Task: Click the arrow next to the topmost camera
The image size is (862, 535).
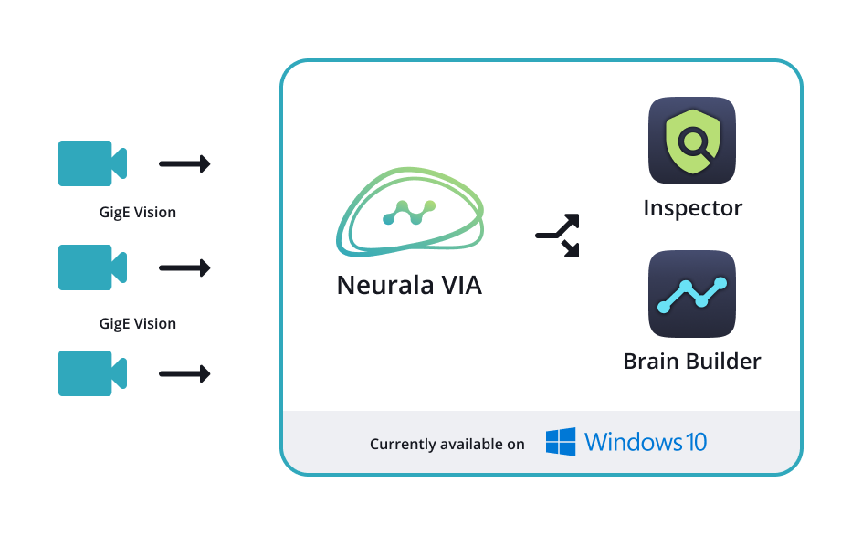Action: tap(184, 164)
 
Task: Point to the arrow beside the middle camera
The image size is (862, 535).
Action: tap(184, 268)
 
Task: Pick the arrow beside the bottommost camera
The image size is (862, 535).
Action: tap(184, 373)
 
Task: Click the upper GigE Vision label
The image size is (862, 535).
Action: tap(137, 213)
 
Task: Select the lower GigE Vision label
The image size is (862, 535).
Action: tap(137, 324)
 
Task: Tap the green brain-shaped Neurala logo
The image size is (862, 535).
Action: tap(410, 212)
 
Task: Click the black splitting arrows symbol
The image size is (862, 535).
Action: tap(558, 236)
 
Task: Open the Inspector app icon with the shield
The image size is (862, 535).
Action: tap(692, 141)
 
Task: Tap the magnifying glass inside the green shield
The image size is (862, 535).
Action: tap(695, 142)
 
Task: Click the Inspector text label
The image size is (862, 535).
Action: tap(692, 208)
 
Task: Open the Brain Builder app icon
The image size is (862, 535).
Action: tap(692, 294)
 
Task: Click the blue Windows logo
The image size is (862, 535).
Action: tap(561, 443)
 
